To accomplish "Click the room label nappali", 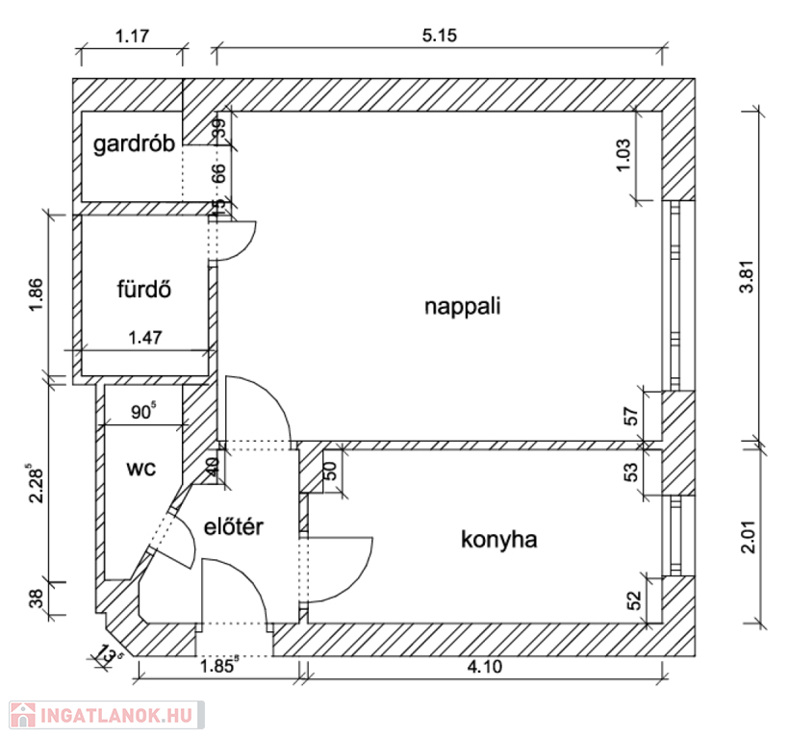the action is [463, 307].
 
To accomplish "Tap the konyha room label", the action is [499, 540].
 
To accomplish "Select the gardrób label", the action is [134, 144].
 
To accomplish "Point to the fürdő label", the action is [144, 289].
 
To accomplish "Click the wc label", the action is [141, 469].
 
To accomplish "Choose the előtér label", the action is [234, 527].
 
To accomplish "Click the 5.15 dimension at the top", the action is [440, 36].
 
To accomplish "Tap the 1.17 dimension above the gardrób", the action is [132, 37].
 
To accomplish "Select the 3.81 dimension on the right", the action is [749, 276].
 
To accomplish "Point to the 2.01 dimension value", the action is [749, 536].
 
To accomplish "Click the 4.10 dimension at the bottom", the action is [485, 667].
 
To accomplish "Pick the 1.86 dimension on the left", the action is [37, 294].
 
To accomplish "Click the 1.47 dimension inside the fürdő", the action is [145, 338].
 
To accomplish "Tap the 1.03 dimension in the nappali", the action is [623, 155].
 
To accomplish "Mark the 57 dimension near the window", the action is [631, 417].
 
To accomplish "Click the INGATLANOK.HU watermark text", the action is [116, 715].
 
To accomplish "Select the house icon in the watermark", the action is [23, 715].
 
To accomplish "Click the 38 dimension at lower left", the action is [37, 599].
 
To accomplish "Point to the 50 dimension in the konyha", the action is [331, 471].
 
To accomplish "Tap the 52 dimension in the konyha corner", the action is [634, 599].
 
